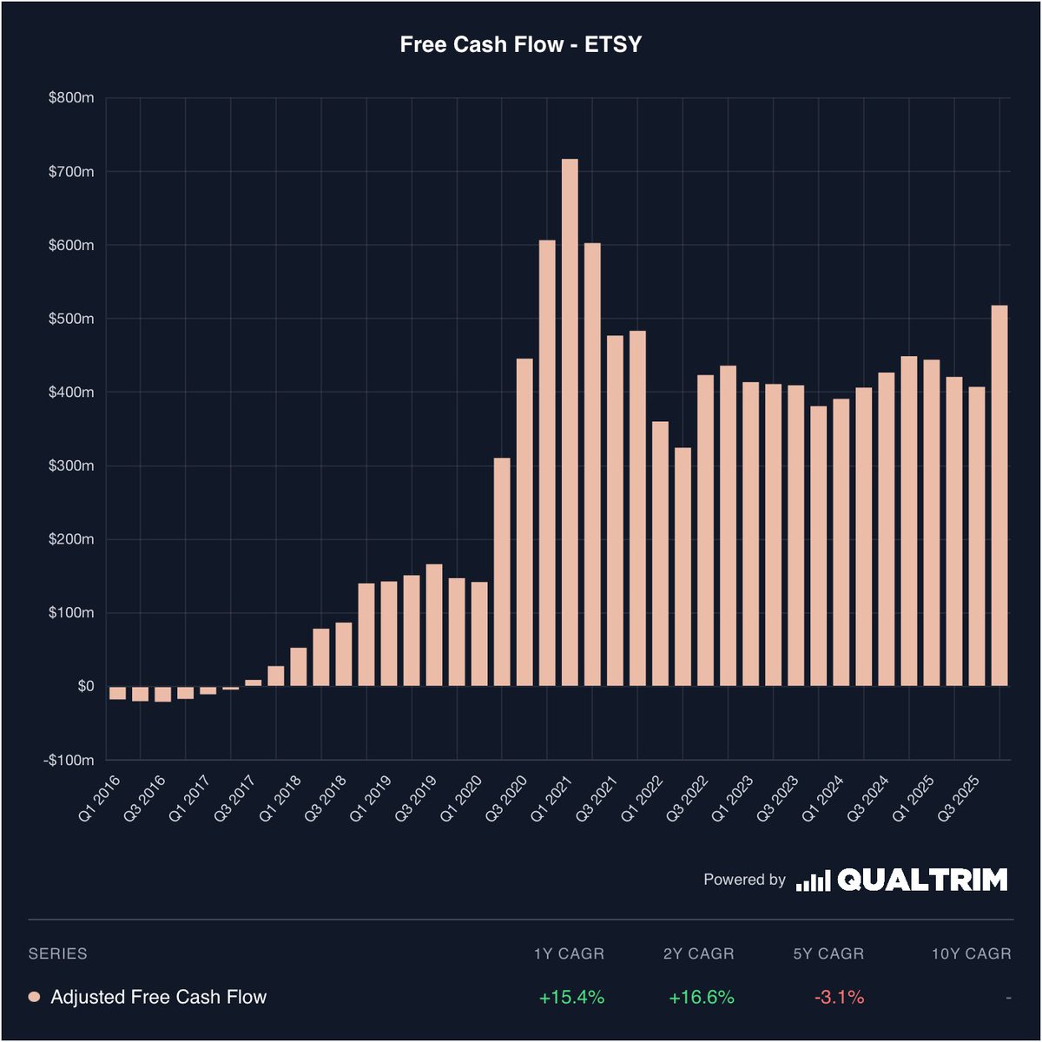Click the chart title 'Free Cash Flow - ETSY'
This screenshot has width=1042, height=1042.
(520, 45)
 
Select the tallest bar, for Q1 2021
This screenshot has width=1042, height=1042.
(570, 422)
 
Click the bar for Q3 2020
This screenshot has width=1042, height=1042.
(524, 522)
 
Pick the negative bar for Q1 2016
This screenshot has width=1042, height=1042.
(117, 693)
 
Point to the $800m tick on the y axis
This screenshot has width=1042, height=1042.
(71, 98)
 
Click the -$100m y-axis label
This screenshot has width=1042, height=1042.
(69, 760)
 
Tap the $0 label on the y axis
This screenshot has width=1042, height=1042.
(85, 686)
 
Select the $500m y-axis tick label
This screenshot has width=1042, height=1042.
(71, 319)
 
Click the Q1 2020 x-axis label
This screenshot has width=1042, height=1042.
(460, 799)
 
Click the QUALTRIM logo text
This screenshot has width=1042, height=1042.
(922, 880)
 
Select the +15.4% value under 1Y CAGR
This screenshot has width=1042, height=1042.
(571, 997)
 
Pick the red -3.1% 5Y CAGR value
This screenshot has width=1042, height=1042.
(839, 997)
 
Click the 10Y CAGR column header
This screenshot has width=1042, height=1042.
(971, 953)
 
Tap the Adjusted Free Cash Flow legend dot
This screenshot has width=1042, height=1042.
(35, 997)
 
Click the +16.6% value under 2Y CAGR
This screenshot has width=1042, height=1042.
(701, 997)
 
